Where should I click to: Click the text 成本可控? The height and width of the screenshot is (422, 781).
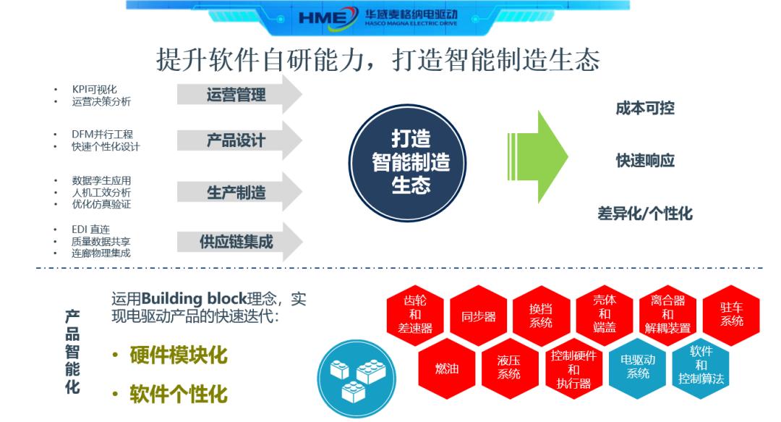point(645,109)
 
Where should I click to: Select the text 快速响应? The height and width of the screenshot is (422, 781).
point(645,161)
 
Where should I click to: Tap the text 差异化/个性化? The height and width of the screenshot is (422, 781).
point(645,214)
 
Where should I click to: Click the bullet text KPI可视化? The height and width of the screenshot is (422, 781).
point(94,89)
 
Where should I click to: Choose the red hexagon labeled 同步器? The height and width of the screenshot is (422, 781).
point(478,316)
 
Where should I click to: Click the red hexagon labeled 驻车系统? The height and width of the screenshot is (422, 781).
point(731,314)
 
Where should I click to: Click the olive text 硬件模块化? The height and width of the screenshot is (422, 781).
point(178,355)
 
